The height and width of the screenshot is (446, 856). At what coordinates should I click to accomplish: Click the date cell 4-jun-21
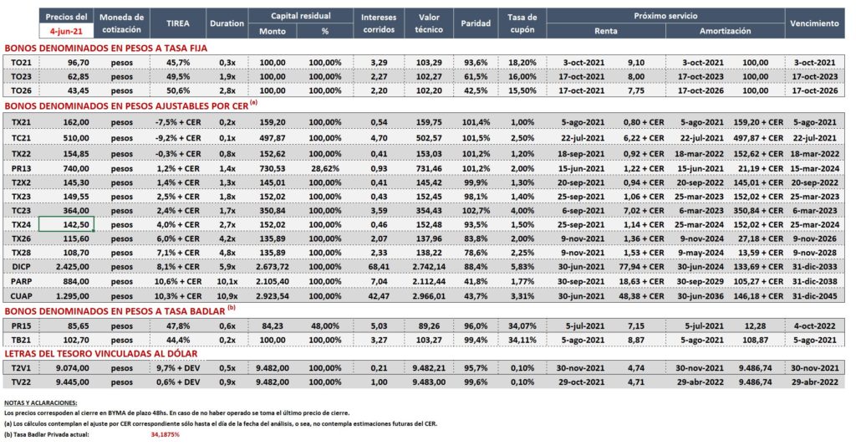tap(66, 31)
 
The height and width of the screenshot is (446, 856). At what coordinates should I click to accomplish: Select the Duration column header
tap(227, 23)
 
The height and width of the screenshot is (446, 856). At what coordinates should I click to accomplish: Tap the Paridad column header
tap(476, 23)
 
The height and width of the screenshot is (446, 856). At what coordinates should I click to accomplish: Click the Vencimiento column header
tap(814, 23)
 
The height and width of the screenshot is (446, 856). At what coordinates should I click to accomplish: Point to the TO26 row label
tap(21, 90)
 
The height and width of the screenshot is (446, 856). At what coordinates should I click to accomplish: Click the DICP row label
tap(21, 267)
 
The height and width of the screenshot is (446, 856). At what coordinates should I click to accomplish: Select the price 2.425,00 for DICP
tap(73, 267)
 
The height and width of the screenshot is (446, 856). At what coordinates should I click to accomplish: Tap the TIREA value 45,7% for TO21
tap(178, 63)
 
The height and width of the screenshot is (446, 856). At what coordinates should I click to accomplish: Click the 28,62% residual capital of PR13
tap(325, 169)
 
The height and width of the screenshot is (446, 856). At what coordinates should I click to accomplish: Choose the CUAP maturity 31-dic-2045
tap(814, 296)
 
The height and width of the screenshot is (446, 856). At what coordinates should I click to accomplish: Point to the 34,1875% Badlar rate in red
tap(165, 434)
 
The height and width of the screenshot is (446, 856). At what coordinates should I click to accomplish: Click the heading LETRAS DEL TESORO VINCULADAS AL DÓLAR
tap(101, 354)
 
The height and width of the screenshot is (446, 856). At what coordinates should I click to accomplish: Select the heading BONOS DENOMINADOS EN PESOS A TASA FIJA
tap(106, 48)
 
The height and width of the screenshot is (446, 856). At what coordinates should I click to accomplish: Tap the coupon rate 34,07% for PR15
tap(522, 326)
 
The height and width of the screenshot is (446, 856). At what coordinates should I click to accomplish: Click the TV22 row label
tap(21, 382)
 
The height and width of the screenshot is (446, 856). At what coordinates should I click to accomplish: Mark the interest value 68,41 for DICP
tap(379, 267)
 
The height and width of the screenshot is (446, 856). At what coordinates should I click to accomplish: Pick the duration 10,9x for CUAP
tap(227, 296)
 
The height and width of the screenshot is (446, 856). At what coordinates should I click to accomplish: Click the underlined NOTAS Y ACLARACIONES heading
tap(40, 402)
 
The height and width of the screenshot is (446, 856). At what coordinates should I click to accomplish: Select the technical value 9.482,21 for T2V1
tap(429, 368)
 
